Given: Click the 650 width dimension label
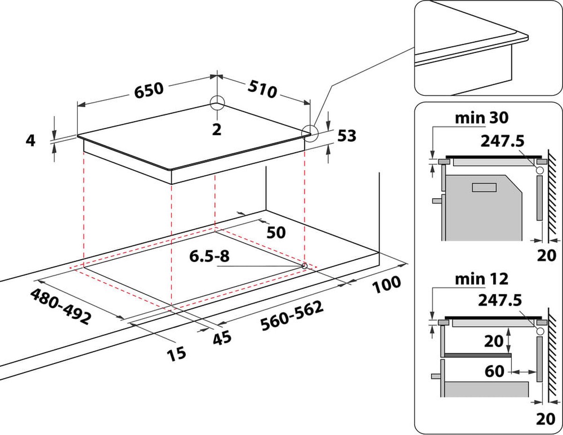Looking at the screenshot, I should click(149, 90).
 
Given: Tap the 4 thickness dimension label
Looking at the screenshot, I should click(30, 140).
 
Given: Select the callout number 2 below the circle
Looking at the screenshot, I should click(216, 130).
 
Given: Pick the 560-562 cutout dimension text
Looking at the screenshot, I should click(292, 316).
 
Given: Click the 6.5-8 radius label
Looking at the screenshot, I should click(209, 256).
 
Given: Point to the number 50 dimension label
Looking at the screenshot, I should click(276, 233).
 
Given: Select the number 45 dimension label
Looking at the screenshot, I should click(222, 337).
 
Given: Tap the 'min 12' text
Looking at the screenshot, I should click(482, 279).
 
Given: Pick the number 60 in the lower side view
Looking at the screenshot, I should click(494, 372).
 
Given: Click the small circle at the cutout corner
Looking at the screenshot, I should click(304, 266).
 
